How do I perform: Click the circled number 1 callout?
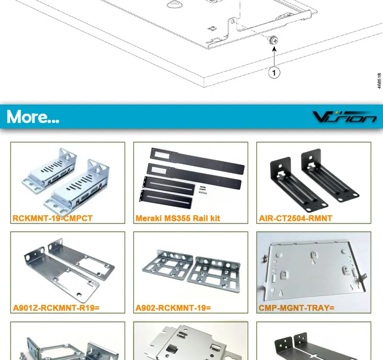[274, 72]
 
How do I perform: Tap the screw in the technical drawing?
[274, 41]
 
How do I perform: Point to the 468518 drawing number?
[379, 81]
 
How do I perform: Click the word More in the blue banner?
[33, 116]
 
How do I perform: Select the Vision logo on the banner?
[344, 117]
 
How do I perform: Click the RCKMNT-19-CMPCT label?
[53, 219]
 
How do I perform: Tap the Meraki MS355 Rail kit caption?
[178, 219]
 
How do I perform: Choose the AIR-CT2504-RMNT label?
[295, 219]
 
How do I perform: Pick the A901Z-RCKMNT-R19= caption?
[56, 308]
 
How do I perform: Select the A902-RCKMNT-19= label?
[173, 308]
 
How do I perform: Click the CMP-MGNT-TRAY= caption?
[296, 308]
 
